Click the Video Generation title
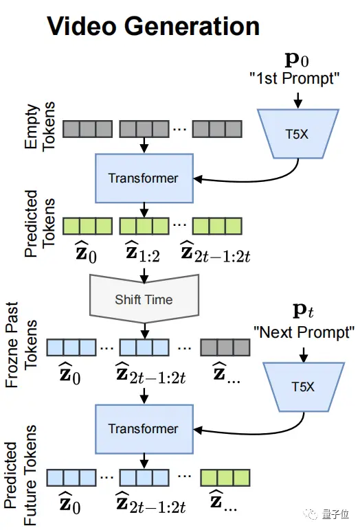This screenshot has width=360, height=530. (x=153, y=26)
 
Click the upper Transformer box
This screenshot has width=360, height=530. (x=144, y=178)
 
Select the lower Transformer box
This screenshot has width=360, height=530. (x=144, y=429)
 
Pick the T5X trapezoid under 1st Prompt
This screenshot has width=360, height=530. (x=297, y=134)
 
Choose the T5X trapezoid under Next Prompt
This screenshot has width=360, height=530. (x=304, y=387)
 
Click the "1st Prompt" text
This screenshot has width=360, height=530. (x=294, y=78)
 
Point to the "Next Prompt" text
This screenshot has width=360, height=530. (x=304, y=332)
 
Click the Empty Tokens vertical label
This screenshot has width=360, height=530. (x=39, y=126)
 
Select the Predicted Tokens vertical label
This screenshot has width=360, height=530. (x=39, y=223)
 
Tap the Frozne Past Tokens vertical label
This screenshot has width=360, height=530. (x=21, y=345)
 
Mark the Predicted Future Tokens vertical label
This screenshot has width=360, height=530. (x=21, y=475)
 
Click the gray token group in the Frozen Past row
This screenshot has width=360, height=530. (x=225, y=347)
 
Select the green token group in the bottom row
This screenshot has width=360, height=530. (x=225, y=478)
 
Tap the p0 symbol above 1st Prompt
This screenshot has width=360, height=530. (x=297, y=60)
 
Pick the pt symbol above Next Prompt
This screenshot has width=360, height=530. (x=303, y=311)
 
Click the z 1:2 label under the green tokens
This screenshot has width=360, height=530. (x=143, y=252)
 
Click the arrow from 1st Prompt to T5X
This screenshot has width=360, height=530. (x=297, y=100)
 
